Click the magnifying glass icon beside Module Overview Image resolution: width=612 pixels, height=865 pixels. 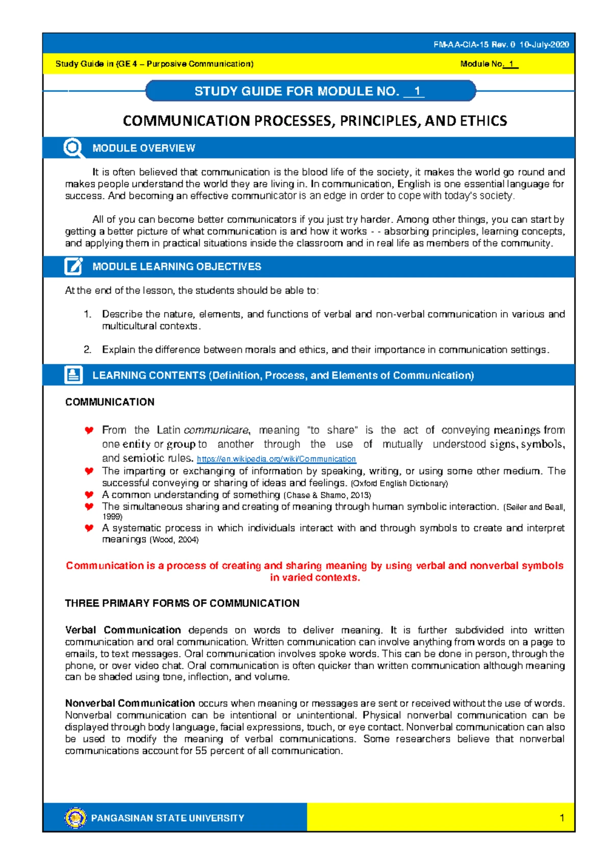[73, 148]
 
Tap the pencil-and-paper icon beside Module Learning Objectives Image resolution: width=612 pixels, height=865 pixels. [73, 266]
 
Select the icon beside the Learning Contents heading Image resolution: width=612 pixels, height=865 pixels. [73, 375]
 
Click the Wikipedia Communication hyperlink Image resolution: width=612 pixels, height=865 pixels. [276, 459]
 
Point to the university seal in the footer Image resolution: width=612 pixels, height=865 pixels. [75, 818]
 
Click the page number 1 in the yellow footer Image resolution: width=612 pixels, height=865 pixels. [562, 818]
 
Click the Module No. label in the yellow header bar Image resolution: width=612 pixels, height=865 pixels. [481, 64]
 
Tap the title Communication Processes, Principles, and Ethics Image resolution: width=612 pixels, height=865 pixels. [315, 121]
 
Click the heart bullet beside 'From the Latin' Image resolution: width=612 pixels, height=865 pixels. [89, 430]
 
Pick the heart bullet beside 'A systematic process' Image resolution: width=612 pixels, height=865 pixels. [89, 528]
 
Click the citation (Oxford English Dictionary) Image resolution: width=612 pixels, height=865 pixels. [399, 484]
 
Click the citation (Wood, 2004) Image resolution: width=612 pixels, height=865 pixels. [173, 540]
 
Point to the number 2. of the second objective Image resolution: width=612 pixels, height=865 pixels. [88, 350]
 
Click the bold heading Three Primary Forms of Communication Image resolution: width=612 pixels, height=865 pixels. [182, 603]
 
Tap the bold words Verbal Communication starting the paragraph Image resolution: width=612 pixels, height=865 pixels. [123, 630]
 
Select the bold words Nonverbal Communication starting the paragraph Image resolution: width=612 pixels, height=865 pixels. [130, 703]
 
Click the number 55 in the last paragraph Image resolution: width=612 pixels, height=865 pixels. [201, 751]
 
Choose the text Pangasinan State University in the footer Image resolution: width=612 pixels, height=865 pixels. [167, 818]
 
